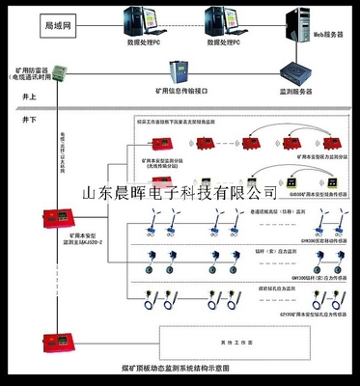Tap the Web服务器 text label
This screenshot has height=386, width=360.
(328, 35)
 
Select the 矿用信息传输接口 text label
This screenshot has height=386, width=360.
(179, 91)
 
